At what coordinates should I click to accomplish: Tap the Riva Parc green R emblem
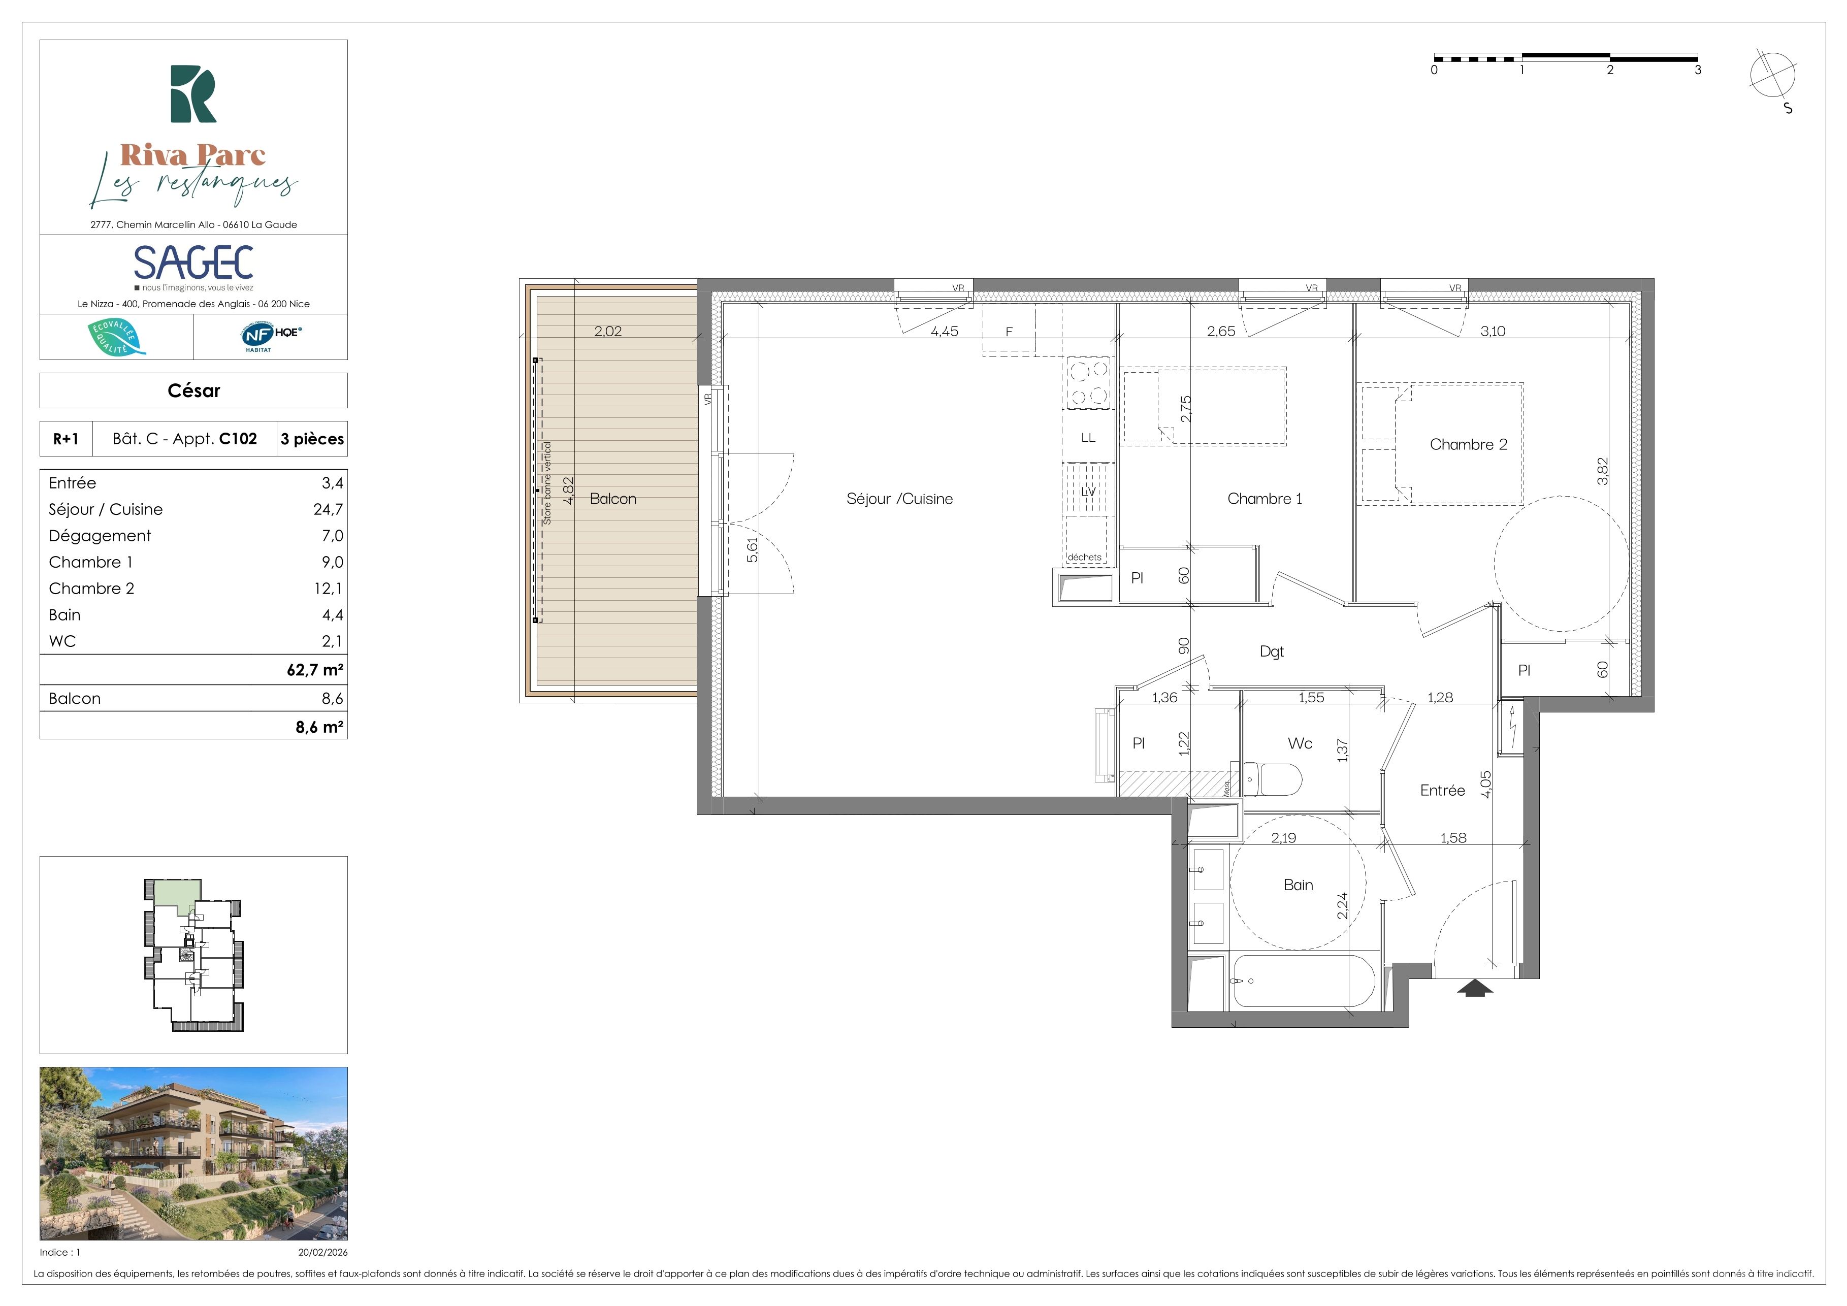click(193, 94)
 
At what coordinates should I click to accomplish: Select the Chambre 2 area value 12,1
click(328, 589)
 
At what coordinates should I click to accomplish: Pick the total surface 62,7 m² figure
click(315, 670)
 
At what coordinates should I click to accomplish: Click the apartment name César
click(194, 391)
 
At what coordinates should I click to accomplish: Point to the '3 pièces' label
click(312, 439)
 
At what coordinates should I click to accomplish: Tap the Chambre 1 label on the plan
click(1265, 499)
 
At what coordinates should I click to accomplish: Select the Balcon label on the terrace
click(613, 499)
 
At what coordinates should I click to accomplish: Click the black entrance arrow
click(1475, 988)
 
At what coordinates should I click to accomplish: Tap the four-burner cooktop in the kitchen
click(1088, 383)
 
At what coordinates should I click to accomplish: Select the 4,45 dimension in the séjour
click(945, 332)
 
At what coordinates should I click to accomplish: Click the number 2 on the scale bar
click(1610, 70)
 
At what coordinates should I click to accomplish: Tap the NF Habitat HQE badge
click(271, 335)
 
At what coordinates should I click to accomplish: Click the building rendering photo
click(194, 1153)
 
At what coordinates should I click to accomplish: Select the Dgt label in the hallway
click(1272, 651)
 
